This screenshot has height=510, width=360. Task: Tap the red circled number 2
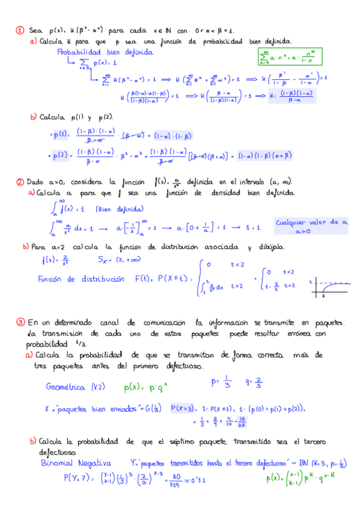tap(20, 182)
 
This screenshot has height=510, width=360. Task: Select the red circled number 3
tap(20, 323)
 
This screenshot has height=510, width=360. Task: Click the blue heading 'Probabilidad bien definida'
tap(105, 52)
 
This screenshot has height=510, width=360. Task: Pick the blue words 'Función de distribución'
tap(81, 279)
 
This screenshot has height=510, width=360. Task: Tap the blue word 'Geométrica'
tap(67, 387)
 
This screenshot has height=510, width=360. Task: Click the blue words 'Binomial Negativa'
tap(76, 464)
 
